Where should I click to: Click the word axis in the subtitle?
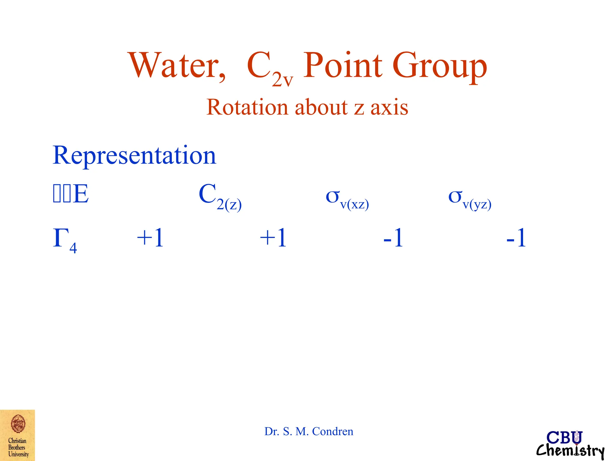[x=389, y=107]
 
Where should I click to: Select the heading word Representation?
[x=134, y=155]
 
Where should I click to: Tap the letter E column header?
[x=80, y=194]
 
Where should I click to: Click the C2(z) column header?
[x=220, y=197]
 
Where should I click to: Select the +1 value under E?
[x=150, y=238]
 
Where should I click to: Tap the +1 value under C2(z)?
[x=273, y=238]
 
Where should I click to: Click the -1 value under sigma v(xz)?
[x=393, y=238]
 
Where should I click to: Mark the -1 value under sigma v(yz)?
[x=516, y=238]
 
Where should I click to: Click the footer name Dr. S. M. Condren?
[x=309, y=431]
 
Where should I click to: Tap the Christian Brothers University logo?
[x=17, y=435]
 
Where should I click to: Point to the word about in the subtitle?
[x=321, y=107]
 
